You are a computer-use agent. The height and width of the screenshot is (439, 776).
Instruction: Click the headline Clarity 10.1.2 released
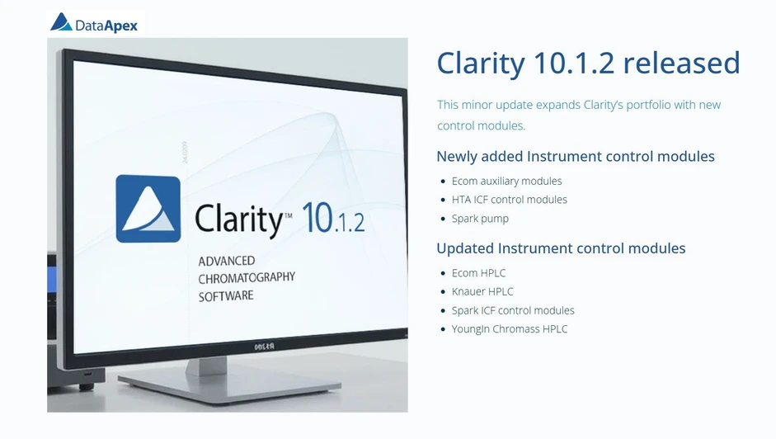[x=587, y=64]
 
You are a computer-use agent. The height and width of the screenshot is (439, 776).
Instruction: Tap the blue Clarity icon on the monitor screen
[x=148, y=209]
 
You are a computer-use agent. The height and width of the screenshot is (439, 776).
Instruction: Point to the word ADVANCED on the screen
[x=227, y=262]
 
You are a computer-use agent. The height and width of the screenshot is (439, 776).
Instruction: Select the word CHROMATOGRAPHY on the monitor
[x=246, y=278]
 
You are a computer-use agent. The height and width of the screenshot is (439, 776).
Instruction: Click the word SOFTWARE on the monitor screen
[x=226, y=295]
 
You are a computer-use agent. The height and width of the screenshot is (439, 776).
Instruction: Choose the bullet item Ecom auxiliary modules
[x=506, y=181]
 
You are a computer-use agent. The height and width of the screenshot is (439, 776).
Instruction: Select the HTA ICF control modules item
[x=509, y=200]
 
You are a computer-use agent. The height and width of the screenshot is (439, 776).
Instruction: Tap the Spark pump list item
[x=480, y=219]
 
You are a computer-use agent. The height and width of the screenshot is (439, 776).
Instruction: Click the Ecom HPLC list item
[x=478, y=273]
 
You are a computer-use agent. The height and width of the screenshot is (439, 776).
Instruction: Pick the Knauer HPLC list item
[x=482, y=291]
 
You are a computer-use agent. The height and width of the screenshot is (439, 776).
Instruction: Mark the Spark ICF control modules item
[x=513, y=310]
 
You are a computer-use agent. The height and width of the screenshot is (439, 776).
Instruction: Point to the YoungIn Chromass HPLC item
[x=510, y=329]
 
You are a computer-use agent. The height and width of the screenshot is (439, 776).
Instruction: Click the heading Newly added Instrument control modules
[x=575, y=157]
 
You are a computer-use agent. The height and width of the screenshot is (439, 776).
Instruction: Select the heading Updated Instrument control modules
[x=561, y=248]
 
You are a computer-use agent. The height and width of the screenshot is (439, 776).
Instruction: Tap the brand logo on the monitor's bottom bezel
[x=265, y=347]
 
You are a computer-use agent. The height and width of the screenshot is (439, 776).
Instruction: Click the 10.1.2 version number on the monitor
[x=333, y=219]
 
